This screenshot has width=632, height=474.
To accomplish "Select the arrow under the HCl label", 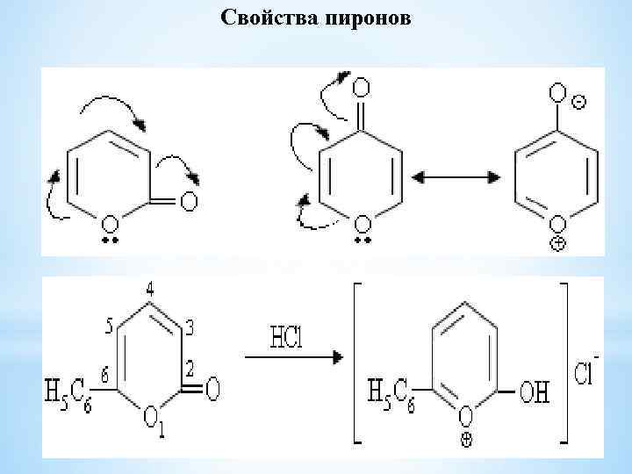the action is coord(291,357).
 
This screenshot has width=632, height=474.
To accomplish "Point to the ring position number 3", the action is coord(190,327).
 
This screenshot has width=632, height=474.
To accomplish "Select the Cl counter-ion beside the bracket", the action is coord(585,376).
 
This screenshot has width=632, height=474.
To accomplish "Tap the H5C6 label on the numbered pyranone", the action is coord(68,387).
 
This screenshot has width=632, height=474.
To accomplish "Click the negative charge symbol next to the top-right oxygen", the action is coord(578,103).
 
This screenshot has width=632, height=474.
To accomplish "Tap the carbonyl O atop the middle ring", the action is coord(361,88).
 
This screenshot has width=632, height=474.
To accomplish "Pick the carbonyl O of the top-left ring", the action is coord(188,201).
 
